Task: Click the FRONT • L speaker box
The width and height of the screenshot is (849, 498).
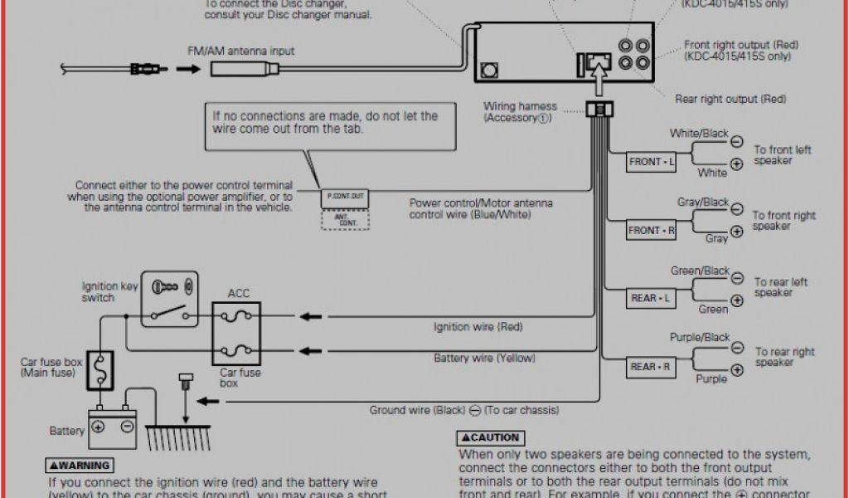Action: [x=650, y=162]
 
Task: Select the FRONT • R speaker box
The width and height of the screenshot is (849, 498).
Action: [x=651, y=231]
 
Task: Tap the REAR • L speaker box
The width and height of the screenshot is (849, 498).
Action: [x=650, y=298]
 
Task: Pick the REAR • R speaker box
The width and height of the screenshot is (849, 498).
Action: [x=650, y=366]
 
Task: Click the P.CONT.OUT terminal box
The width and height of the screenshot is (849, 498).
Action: [x=344, y=197]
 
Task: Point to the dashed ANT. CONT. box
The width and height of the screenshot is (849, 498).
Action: [x=345, y=219]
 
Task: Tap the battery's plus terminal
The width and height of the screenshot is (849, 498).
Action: [x=98, y=427]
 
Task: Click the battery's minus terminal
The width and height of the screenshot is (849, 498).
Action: [x=128, y=427]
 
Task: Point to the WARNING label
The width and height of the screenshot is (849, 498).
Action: [x=80, y=466]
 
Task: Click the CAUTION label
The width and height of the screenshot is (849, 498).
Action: [x=491, y=437]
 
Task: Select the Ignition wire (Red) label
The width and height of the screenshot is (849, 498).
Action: [x=478, y=327]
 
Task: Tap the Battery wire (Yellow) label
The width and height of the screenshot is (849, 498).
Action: [x=484, y=359]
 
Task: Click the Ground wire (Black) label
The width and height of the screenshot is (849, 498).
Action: [x=464, y=410]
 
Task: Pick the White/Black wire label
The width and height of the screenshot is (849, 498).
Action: [x=699, y=133]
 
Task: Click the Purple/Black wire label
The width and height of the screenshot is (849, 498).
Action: [x=700, y=338]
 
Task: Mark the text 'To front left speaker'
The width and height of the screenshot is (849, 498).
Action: [x=782, y=155]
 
